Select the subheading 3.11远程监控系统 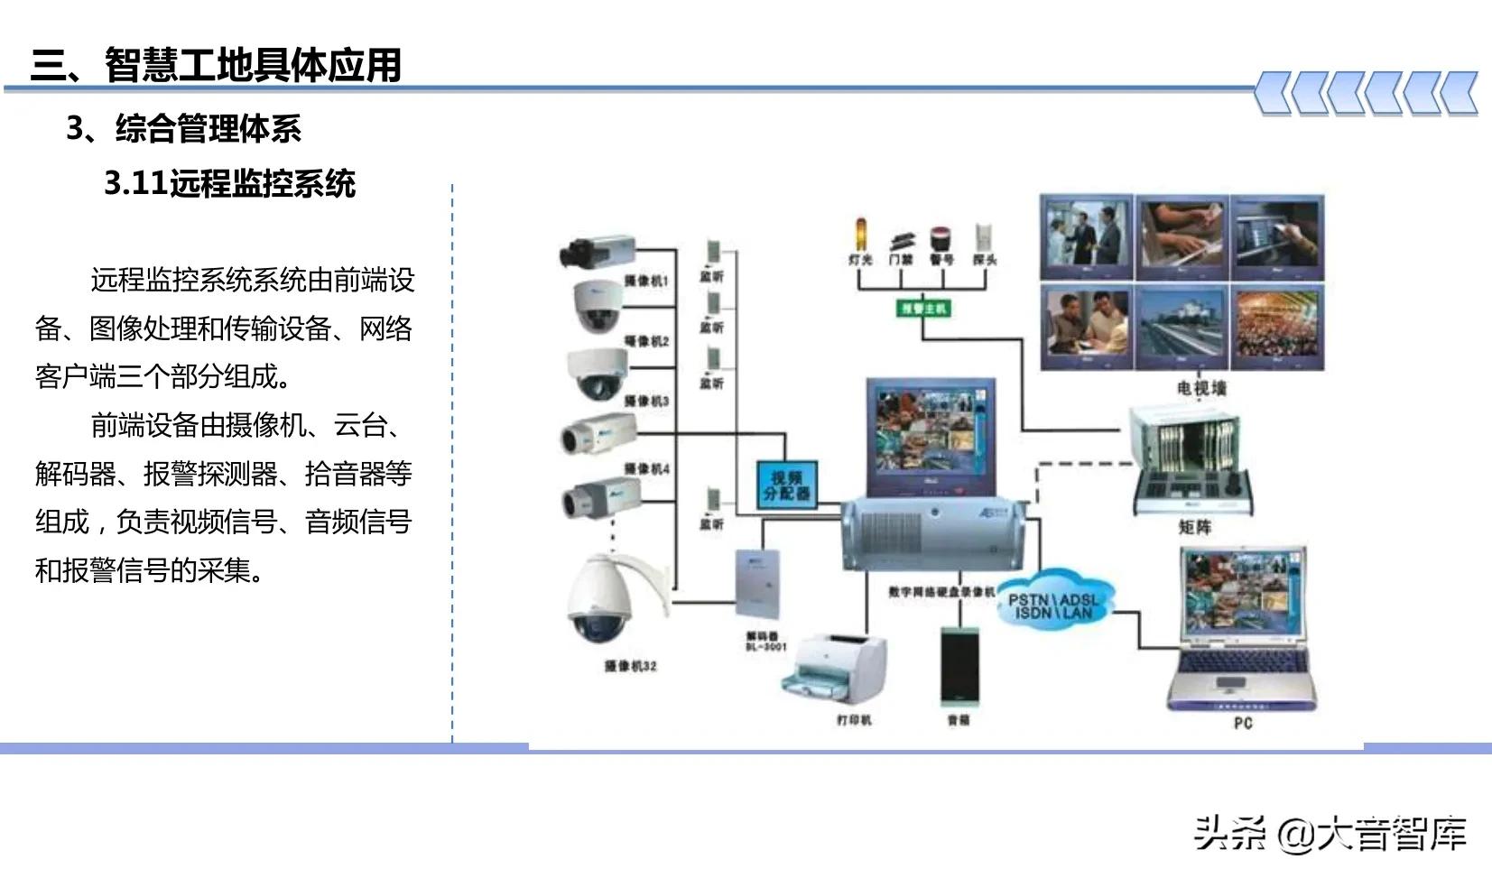point(229,183)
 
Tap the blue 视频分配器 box point(787,485)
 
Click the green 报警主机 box point(922,308)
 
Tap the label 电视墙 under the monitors point(1200,388)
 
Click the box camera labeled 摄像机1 point(598,250)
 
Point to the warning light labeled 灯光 point(860,236)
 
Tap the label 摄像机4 point(646,468)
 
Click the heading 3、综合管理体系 point(184,128)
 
